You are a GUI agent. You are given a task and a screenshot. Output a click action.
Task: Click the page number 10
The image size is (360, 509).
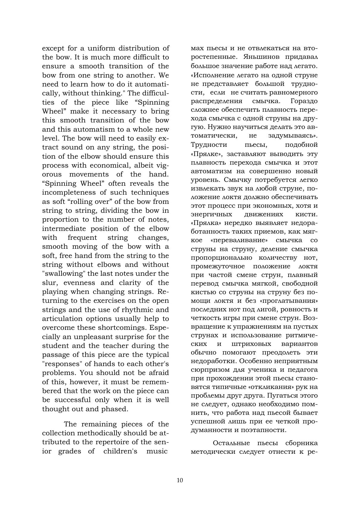click(180, 480)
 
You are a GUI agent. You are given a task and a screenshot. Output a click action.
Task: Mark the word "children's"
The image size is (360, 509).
click(120, 451)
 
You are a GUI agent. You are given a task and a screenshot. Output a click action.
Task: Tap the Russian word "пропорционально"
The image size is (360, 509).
click(221, 258)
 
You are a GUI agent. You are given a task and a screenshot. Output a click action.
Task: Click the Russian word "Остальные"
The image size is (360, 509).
click(231, 443)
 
